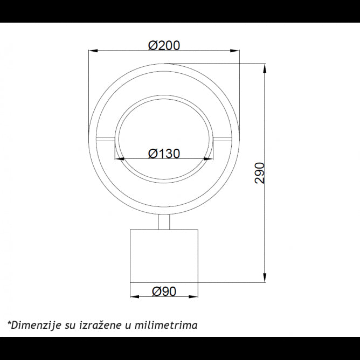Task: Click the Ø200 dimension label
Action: click(x=164, y=45)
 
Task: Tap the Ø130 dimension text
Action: click(x=164, y=154)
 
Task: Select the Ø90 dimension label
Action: click(x=164, y=291)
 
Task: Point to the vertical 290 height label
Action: click(x=260, y=173)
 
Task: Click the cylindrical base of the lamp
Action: click(x=164, y=255)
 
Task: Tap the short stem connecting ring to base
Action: click(x=164, y=221)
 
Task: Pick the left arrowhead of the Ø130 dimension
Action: click(x=119, y=159)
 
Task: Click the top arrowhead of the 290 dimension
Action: click(x=265, y=68)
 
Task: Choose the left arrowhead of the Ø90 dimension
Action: click(x=134, y=297)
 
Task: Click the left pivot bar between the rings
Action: click(x=106, y=139)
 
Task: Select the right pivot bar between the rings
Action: click(x=222, y=139)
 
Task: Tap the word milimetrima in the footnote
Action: click(x=169, y=324)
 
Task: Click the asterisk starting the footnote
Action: click(x=9, y=323)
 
